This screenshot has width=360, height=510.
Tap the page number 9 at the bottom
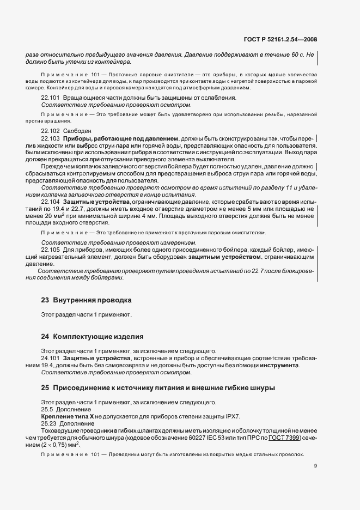click(x=315, y=466)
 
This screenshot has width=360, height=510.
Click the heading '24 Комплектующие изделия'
click(x=92, y=336)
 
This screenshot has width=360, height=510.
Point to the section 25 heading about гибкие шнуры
click(x=158, y=388)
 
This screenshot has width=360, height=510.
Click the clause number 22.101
click(x=50, y=98)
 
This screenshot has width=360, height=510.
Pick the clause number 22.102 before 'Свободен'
click(x=50, y=131)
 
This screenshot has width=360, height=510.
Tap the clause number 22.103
click(x=50, y=139)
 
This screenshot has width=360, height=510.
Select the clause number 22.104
click(x=50, y=202)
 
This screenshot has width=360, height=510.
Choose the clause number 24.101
click(x=50, y=358)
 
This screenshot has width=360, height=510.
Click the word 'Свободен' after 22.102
click(x=77, y=131)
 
